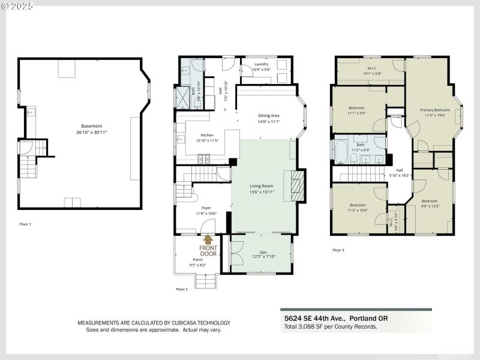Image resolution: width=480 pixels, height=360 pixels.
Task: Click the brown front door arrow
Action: tap(209, 241)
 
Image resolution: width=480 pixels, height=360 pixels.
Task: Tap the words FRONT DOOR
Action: tap(208, 250)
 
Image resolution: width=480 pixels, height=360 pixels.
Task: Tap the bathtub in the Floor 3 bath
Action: tap(340, 151)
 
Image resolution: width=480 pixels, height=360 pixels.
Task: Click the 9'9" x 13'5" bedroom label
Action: tap(430, 203)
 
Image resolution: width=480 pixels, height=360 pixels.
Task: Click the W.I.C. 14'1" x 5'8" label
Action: tap(371, 71)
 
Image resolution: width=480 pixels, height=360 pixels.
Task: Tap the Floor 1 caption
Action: tap(25, 224)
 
